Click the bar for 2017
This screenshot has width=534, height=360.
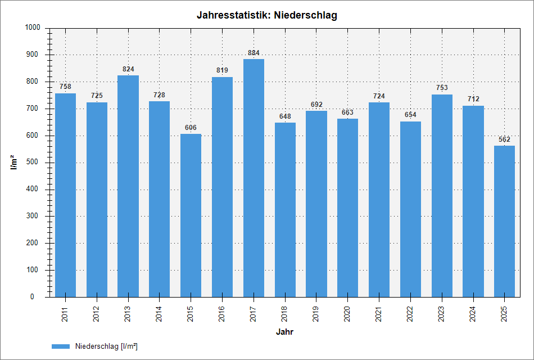point(254,178)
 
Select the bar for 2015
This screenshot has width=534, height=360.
point(191,215)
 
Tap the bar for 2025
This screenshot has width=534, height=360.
point(504,221)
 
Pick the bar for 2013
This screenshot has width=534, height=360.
point(128,186)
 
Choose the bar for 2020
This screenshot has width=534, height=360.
point(347,208)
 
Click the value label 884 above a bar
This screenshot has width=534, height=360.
point(254,53)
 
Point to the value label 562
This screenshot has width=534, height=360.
point(504,139)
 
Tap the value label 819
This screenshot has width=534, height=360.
point(222,70)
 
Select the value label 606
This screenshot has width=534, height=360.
point(191,128)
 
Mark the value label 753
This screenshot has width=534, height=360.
point(442,88)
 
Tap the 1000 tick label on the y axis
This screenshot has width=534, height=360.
point(33,28)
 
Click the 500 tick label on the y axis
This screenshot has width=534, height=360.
point(35,163)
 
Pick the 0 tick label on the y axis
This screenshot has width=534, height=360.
point(39,296)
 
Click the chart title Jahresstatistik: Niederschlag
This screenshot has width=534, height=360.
point(267,15)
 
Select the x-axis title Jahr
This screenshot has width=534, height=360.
point(284,332)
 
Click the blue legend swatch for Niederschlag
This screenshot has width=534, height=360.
point(61,346)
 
